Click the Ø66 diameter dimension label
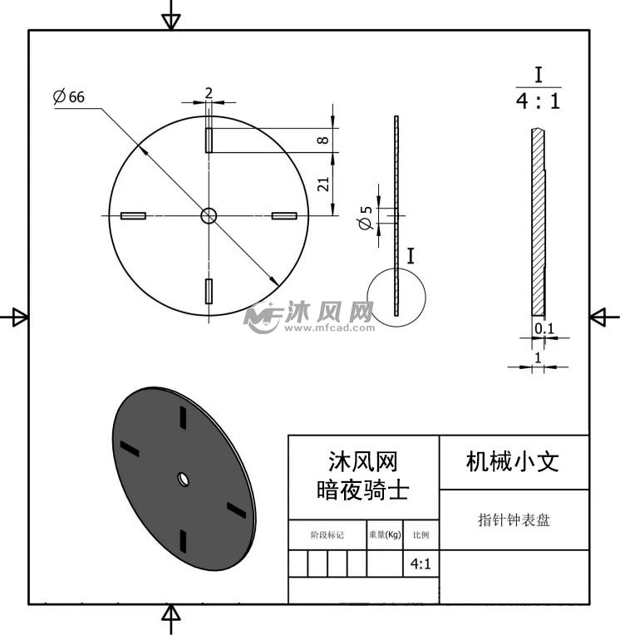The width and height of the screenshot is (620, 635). click(69, 96)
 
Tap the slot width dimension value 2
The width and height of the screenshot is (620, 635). click(209, 93)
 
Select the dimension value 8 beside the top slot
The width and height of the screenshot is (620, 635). click(322, 140)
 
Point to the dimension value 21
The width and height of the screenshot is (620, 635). click(323, 185)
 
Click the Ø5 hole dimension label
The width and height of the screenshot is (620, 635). click(366, 218)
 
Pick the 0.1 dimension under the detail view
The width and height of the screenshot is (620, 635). click(544, 328)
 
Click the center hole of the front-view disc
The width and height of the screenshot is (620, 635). click(209, 216)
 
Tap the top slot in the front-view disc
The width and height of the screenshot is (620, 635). click(209, 140)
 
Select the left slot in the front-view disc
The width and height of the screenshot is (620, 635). click(133, 216)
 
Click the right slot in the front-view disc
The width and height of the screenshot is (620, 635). click(284, 216)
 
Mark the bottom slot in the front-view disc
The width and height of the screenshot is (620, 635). click(209, 291)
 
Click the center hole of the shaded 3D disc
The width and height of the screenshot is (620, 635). click(184, 479)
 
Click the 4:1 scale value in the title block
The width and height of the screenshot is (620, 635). click(421, 564)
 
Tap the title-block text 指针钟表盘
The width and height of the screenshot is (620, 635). click(514, 519)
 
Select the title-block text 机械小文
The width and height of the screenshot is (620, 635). click(513, 461)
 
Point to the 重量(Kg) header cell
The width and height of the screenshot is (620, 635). click(385, 534)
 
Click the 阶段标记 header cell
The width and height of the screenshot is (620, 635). click(327, 535)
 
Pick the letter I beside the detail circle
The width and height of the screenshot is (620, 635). click(411, 256)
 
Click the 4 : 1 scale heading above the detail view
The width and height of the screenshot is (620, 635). click(539, 101)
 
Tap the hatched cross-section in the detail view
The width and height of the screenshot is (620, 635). click(539, 222)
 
